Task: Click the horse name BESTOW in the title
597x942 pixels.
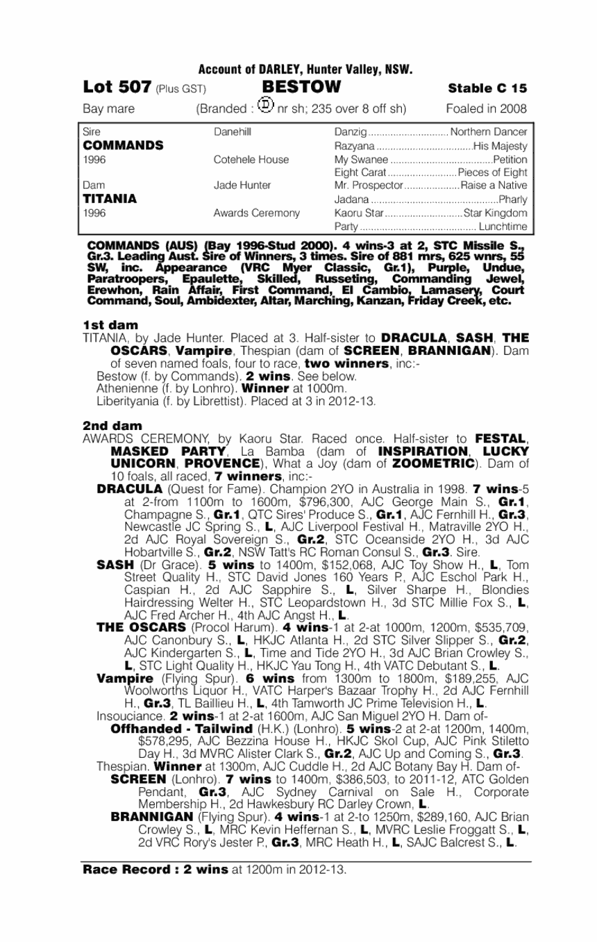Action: pyautogui.click(x=302, y=88)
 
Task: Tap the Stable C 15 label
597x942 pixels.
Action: pyautogui.click(x=487, y=88)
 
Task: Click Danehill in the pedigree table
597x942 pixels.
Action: pyautogui.click(x=233, y=132)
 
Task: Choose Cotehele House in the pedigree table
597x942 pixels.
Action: pyautogui.click(x=251, y=159)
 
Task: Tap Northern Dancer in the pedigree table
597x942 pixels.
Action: pyautogui.click(x=489, y=132)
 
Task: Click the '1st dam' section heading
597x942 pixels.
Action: pyautogui.click(x=110, y=325)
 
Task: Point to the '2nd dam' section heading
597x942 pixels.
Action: pyautogui.click(x=112, y=425)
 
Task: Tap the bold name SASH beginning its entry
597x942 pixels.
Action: pyautogui.click(x=116, y=565)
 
